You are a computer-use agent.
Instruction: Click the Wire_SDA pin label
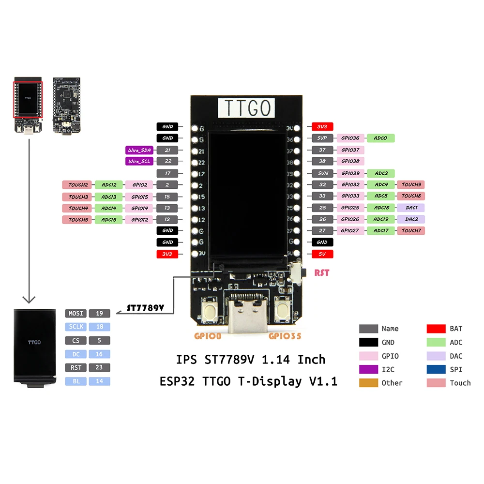coord(139,150)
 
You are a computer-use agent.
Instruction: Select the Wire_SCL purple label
coord(139,161)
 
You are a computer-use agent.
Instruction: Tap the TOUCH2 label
coord(77,185)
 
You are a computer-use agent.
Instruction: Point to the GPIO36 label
coord(350,138)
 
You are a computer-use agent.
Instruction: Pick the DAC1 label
coord(410,208)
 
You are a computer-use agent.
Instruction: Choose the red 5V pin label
coord(322,254)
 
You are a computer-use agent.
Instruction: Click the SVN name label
coord(322,173)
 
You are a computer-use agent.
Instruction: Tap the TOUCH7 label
coord(410,231)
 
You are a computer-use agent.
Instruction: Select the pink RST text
coord(321,273)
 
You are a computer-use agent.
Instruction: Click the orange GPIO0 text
coord(208,335)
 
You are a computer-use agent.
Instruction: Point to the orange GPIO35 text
coord(285,335)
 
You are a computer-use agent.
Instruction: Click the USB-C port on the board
coord(246,312)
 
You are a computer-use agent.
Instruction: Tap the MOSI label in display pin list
coord(76,313)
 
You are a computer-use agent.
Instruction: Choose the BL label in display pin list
coord(76,381)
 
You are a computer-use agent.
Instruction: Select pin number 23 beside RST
coord(99,368)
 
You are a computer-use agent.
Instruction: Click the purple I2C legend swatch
coord(368,369)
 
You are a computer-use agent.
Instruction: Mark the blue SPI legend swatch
coord(436,369)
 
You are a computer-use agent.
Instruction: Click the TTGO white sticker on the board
coord(247,108)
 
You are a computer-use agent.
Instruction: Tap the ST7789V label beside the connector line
coord(145,308)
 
